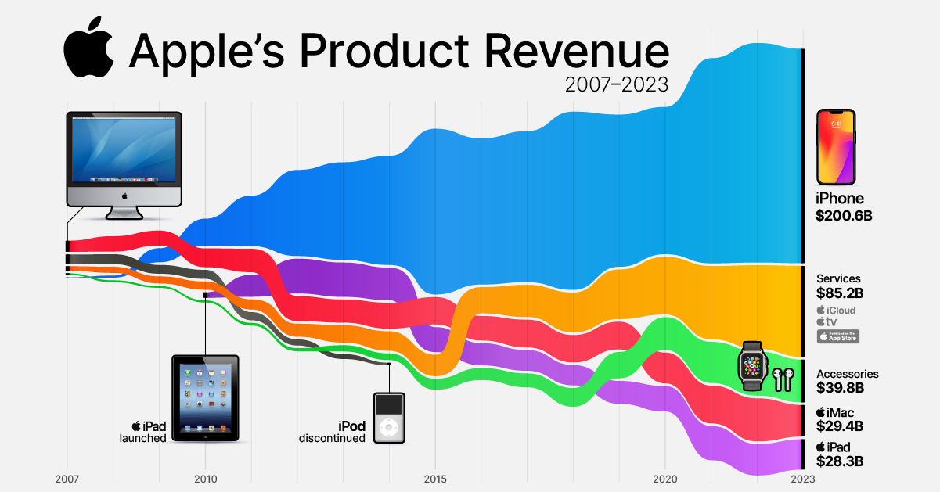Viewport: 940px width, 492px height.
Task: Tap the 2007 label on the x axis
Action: [68, 479]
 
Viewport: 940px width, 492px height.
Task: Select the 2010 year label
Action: [205, 479]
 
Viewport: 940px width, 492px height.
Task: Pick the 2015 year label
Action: [435, 479]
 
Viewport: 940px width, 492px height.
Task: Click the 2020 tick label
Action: [664, 479]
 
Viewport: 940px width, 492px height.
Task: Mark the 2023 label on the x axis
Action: [802, 479]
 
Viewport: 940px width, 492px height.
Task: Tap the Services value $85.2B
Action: [840, 294]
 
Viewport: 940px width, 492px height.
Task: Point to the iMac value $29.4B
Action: [840, 426]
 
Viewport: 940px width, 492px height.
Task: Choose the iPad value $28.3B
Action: [840, 461]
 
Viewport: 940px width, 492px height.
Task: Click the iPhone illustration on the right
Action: [836, 147]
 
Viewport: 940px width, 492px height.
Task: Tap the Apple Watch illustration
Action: [752, 365]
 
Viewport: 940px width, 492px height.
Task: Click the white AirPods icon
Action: [783, 379]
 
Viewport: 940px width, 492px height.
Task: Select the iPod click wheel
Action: [388, 428]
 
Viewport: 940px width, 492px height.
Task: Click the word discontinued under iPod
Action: [332, 439]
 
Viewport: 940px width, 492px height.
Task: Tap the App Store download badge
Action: [837, 336]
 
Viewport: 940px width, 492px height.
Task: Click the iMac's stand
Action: [124, 211]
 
